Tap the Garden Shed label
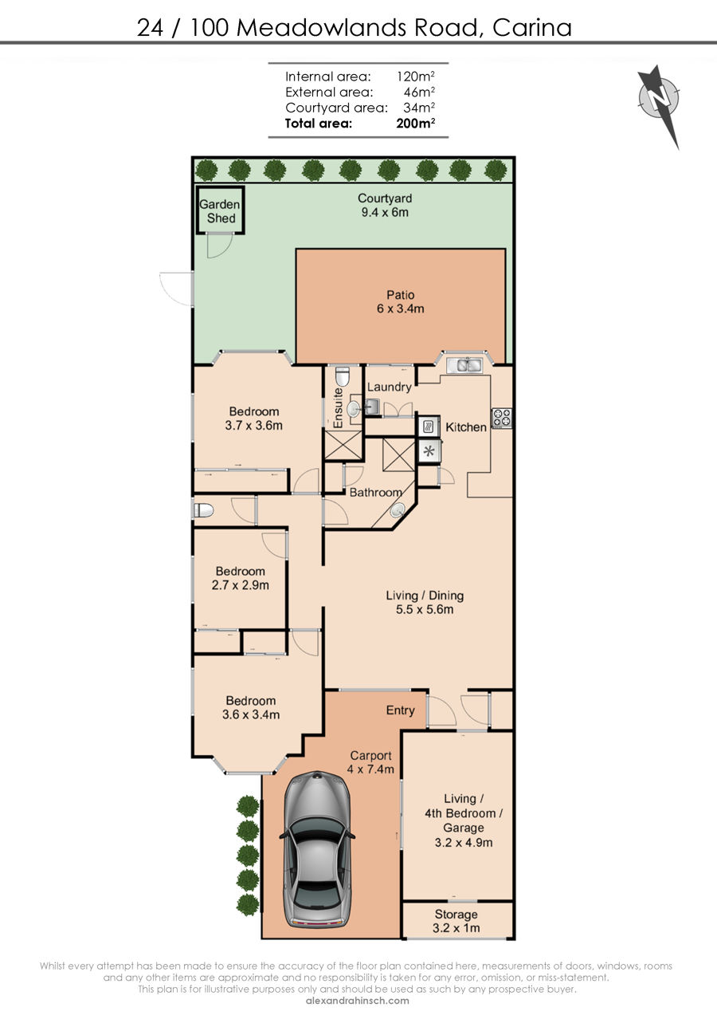[x=220, y=211]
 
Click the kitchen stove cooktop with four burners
[x=502, y=418]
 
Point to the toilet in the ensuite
[x=343, y=376]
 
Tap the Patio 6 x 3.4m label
[x=401, y=301]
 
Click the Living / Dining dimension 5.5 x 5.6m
[x=425, y=609]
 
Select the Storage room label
[x=456, y=915]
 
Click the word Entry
[x=400, y=710]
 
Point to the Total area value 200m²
[x=416, y=123]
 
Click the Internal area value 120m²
[x=416, y=76]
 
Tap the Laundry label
[x=390, y=387]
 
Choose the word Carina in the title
[x=532, y=28]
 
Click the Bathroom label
[x=376, y=492]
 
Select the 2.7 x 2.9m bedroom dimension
[x=241, y=585]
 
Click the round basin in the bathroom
[x=398, y=510]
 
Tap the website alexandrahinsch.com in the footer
[x=358, y=1001]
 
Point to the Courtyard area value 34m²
[x=419, y=108]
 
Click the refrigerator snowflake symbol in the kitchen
[x=429, y=450]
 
